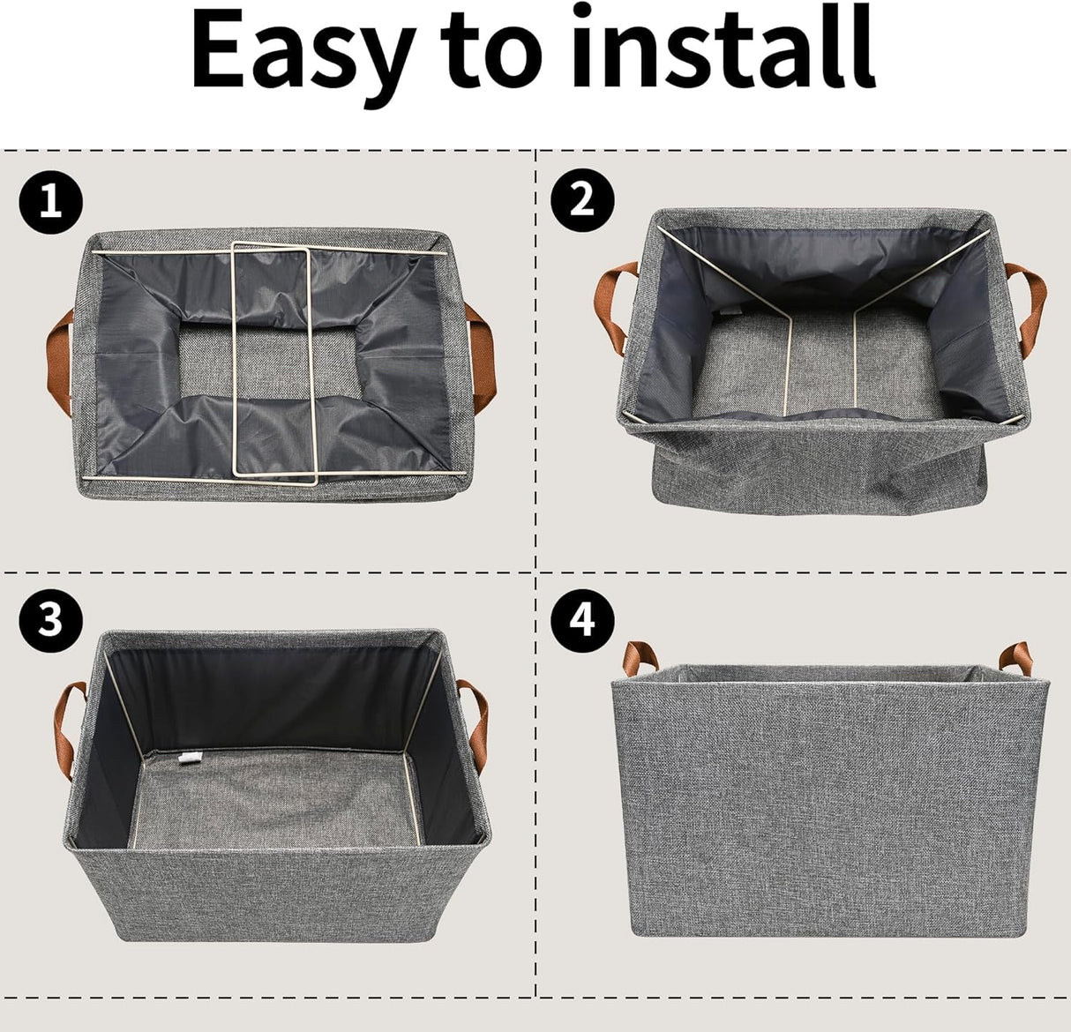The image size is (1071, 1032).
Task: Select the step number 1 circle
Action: click(x=51, y=203)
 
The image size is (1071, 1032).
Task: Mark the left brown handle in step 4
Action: click(x=640, y=658)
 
